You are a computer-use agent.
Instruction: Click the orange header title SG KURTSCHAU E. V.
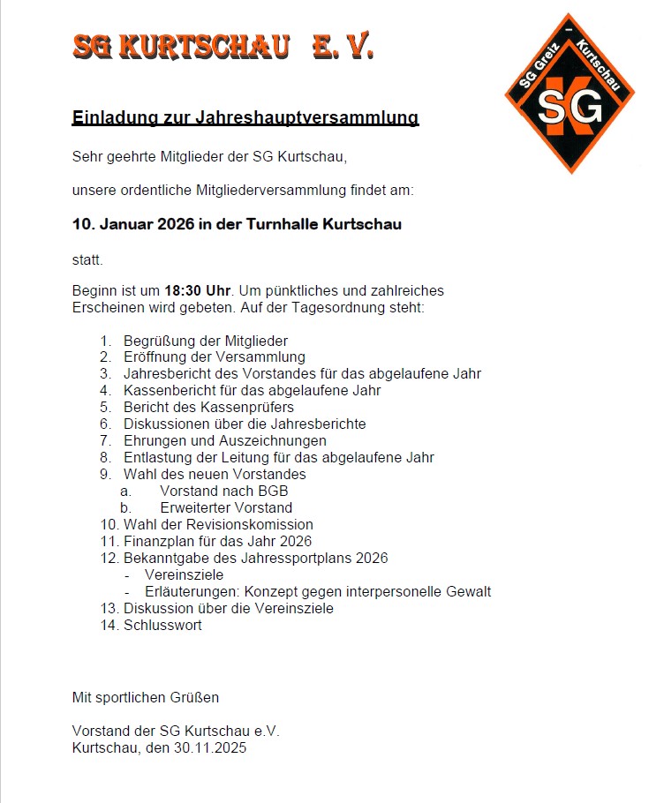[x=223, y=46]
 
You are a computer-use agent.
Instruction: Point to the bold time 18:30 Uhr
[x=197, y=289]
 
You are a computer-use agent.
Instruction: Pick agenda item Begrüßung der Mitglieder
[x=206, y=341]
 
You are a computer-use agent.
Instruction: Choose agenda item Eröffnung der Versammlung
[x=215, y=357]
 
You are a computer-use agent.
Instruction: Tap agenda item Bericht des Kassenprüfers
[x=208, y=407]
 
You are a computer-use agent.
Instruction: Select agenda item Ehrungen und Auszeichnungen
[x=225, y=440]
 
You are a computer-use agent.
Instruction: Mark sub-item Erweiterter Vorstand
[x=226, y=507]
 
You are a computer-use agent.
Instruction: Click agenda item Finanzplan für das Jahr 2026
[x=217, y=541]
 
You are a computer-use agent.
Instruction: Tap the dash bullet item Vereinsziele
[x=184, y=574]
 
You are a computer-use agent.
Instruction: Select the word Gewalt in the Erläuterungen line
[x=468, y=591]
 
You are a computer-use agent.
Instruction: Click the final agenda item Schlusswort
[x=162, y=625]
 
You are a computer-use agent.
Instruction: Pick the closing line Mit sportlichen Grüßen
[x=146, y=697]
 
